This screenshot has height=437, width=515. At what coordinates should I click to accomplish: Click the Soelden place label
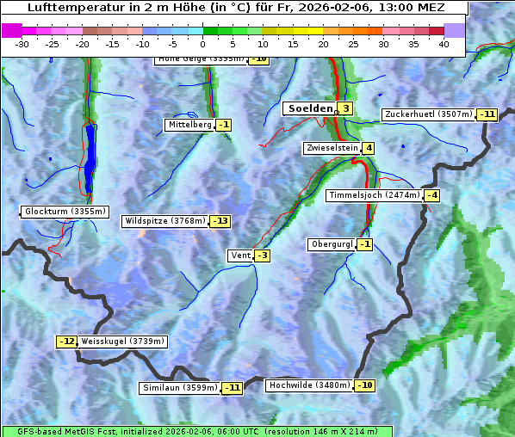[309, 108]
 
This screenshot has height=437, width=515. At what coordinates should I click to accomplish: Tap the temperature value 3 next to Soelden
[344, 108]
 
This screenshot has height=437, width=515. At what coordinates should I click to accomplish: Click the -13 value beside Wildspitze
[220, 221]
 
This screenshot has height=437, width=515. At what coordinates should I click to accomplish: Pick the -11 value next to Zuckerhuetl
[488, 114]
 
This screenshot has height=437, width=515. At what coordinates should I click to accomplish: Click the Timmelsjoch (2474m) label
[375, 195]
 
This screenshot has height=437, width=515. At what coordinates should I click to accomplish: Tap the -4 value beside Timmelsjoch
[431, 195]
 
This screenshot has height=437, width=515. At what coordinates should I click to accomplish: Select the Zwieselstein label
[332, 148]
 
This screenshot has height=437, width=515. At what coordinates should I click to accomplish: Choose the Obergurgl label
[332, 244]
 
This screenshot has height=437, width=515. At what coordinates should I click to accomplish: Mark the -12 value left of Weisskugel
[67, 342]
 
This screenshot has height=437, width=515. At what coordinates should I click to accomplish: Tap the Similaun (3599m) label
[180, 388]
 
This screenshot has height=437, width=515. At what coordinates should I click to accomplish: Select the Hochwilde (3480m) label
[309, 385]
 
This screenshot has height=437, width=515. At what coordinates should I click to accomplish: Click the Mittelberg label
[189, 125]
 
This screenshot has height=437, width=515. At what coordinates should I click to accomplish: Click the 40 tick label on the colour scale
[444, 44]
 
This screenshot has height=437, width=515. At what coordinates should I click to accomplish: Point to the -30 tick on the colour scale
[22, 44]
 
